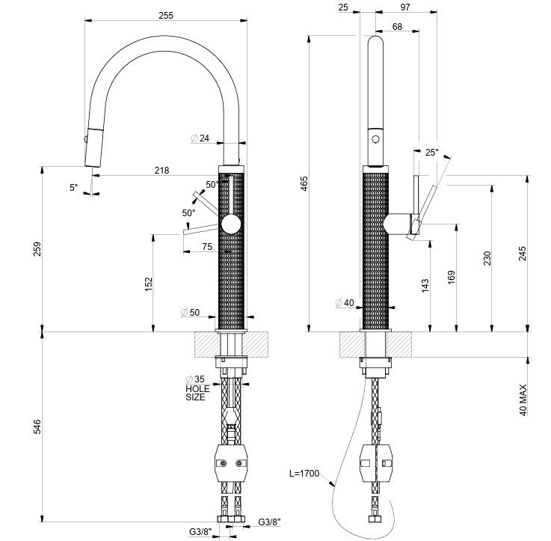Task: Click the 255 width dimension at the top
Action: tap(166, 15)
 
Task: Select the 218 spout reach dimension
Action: tap(161, 170)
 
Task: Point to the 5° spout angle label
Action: tap(73, 187)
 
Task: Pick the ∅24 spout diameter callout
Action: tap(200, 138)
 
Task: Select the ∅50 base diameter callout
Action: tap(190, 312)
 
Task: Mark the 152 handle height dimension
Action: tap(148, 283)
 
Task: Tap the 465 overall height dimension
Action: tap(305, 182)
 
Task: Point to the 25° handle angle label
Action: tap(431, 152)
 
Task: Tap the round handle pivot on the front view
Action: tap(232, 224)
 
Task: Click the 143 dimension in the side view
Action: tap(425, 284)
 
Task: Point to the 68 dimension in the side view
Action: tap(396, 27)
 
